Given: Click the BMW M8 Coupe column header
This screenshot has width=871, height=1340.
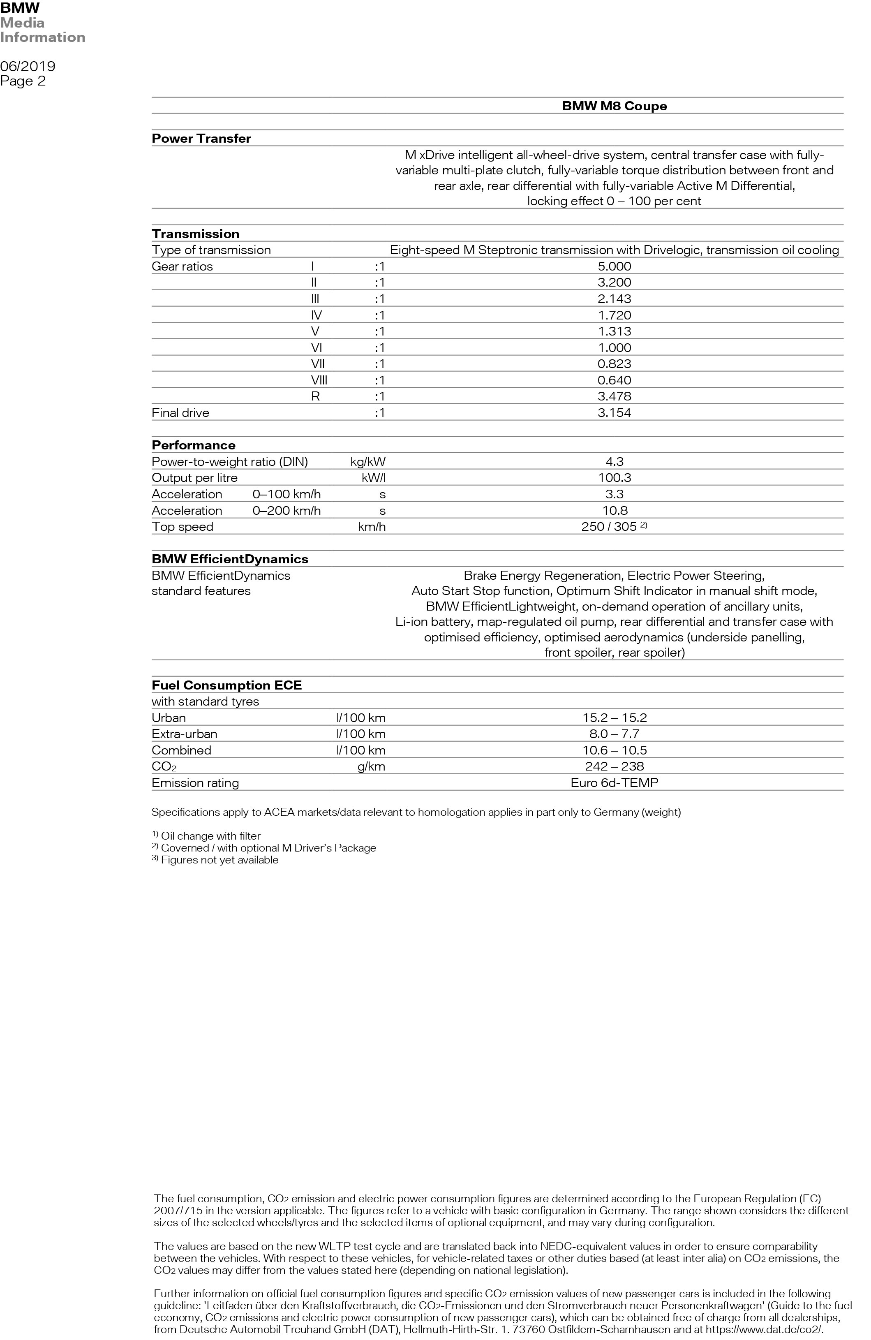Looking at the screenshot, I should point(614,106).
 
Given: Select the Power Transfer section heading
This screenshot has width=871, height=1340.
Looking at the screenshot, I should point(201,139).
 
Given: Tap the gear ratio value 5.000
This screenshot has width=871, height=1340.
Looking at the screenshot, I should point(614,266).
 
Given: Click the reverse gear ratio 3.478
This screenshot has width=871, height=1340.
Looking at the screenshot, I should point(614,396).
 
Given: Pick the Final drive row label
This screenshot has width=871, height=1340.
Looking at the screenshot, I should point(180,413).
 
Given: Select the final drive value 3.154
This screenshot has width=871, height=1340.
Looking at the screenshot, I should point(614,413).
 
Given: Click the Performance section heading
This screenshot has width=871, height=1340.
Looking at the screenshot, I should point(193,445).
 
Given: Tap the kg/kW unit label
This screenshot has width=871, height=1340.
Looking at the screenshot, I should point(367,462).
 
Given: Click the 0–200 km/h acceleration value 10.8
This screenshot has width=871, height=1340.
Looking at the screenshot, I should point(614,511).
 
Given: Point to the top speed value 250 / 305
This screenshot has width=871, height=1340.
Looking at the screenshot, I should point(610,527).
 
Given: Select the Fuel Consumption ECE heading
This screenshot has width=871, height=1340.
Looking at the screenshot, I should point(226,685).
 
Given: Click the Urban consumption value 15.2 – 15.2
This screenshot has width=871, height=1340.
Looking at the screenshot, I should point(614,718).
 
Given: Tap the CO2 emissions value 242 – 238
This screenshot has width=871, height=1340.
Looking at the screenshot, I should point(614,766).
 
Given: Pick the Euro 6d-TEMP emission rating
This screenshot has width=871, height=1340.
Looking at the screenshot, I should point(614,782).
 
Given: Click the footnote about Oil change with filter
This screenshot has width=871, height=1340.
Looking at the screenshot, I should point(210,836).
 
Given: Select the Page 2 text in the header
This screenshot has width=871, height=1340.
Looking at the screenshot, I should point(23,81).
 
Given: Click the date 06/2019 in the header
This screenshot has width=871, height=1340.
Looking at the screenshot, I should point(28,67).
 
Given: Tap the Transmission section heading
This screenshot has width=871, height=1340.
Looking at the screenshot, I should point(195,234).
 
